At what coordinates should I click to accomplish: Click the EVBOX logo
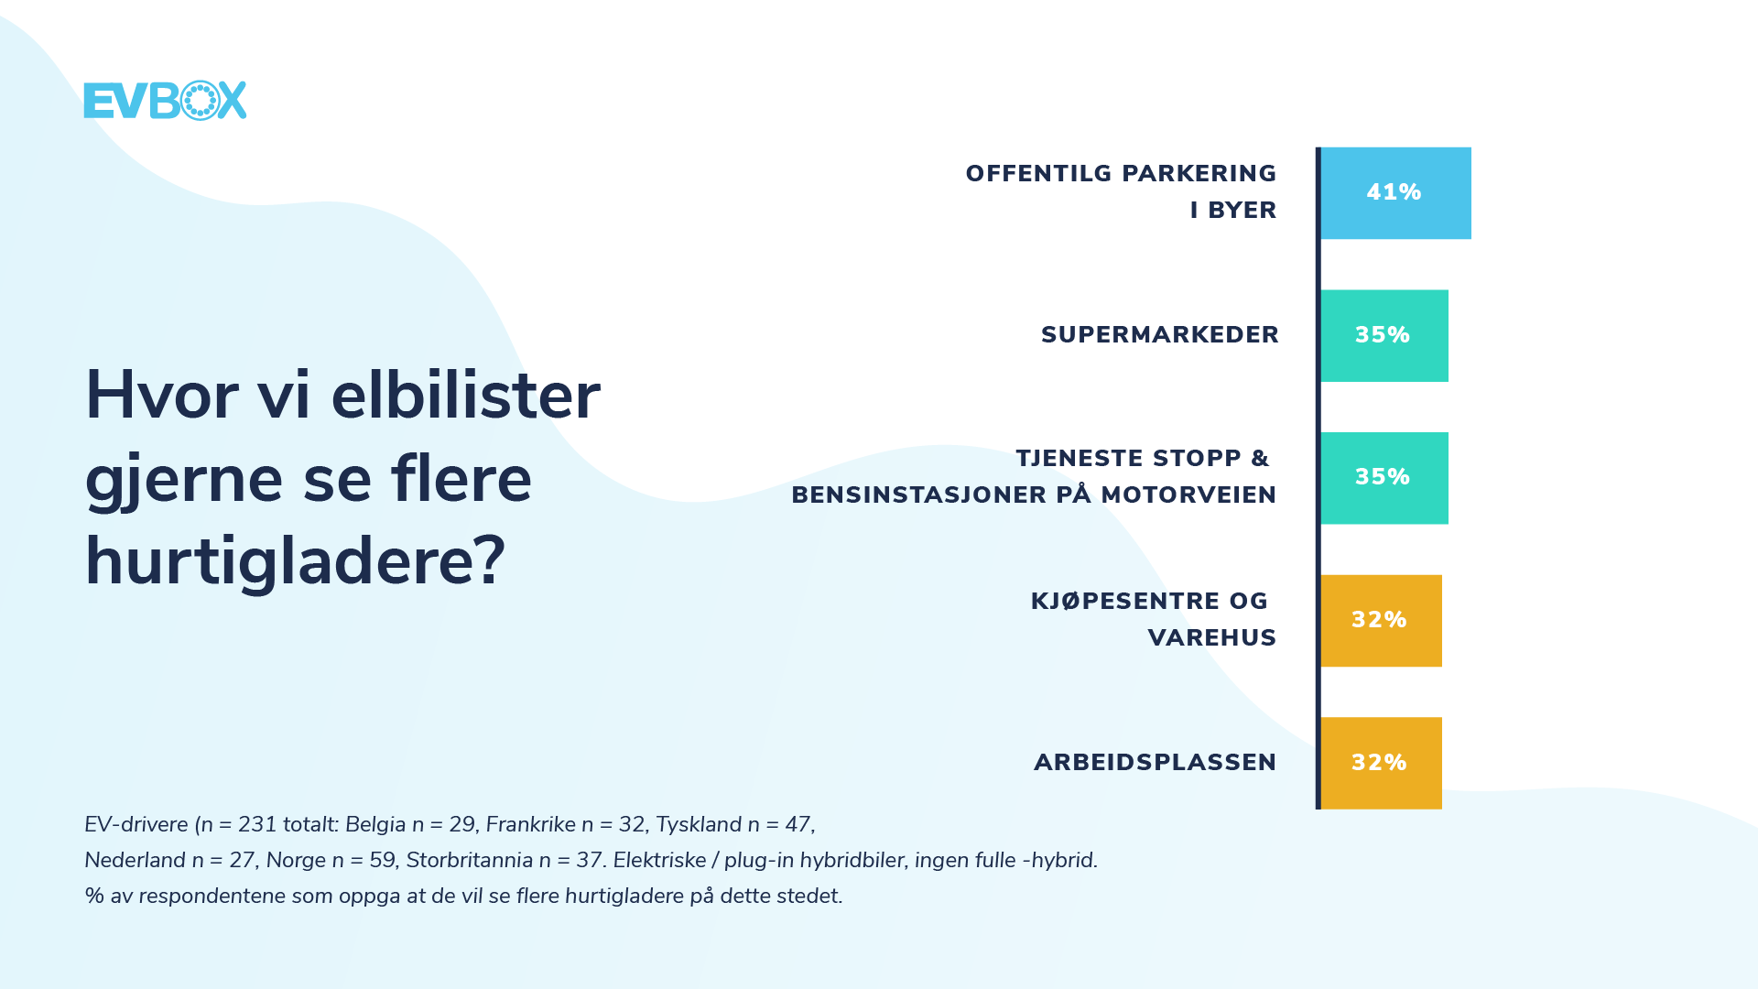[165, 100]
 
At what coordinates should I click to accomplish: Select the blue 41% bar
[1395, 193]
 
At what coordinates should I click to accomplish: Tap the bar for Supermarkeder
[1384, 336]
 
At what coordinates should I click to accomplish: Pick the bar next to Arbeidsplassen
[1381, 763]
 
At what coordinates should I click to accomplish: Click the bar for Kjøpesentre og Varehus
[1381, 621]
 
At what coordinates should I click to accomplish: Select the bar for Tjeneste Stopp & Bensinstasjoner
[1384, 478]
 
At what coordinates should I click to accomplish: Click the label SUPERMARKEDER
[1160, 335]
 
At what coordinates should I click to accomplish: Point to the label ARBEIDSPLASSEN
[1155, 763]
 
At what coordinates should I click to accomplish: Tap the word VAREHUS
[1211, 638]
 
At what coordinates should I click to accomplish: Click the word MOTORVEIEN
[1188, 495]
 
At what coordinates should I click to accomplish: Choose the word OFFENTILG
[1038, 174]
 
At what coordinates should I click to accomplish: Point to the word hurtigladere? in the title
[295, 561]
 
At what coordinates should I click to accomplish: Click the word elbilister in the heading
[465, 396]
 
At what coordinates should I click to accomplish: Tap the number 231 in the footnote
[257, 824]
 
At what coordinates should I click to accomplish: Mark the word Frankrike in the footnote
[531, 824]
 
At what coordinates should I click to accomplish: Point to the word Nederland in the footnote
[135, 860]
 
